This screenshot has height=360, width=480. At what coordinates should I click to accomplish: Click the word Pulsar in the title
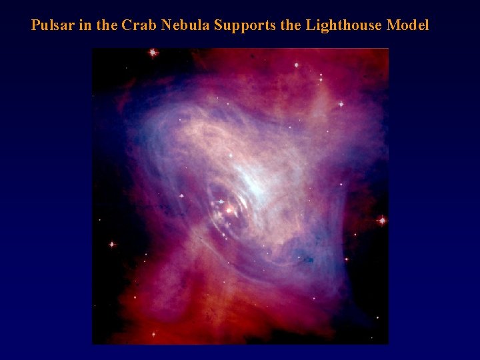click(x=51, y=26)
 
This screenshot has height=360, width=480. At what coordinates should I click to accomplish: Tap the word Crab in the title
click(x=137, y=26)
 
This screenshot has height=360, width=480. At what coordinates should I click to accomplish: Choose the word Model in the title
click(x=407, y=26)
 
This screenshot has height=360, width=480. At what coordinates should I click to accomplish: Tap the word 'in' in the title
click(x=81, y=26)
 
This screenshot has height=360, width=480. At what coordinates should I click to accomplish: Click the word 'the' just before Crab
click(x=106, y=26)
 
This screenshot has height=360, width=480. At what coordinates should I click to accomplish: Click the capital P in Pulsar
click(x=35, y=26)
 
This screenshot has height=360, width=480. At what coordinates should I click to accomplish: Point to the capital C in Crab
click(x=127, y=26)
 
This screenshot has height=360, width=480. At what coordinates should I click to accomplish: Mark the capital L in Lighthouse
click(x=310, y=26)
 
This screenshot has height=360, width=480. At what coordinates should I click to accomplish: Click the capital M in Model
click(x=393, y=26)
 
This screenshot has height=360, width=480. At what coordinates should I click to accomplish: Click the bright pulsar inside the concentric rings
click(x=230, y=211)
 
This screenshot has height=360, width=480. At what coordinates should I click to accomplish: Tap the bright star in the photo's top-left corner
click(x=153, y=52)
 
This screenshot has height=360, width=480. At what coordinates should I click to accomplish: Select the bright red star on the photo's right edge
click(x=382, y=219)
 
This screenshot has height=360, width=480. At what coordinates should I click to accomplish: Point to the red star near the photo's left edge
click(x=112, y=245)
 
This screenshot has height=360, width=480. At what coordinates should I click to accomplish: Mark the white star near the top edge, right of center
click(x=297, y=65)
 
